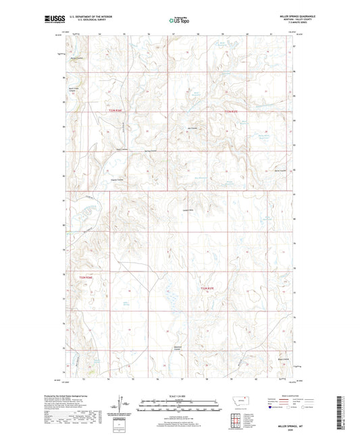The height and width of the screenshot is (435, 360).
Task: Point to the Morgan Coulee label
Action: pos(76,58)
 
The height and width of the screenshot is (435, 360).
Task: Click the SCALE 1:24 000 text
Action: pos(180,396)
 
